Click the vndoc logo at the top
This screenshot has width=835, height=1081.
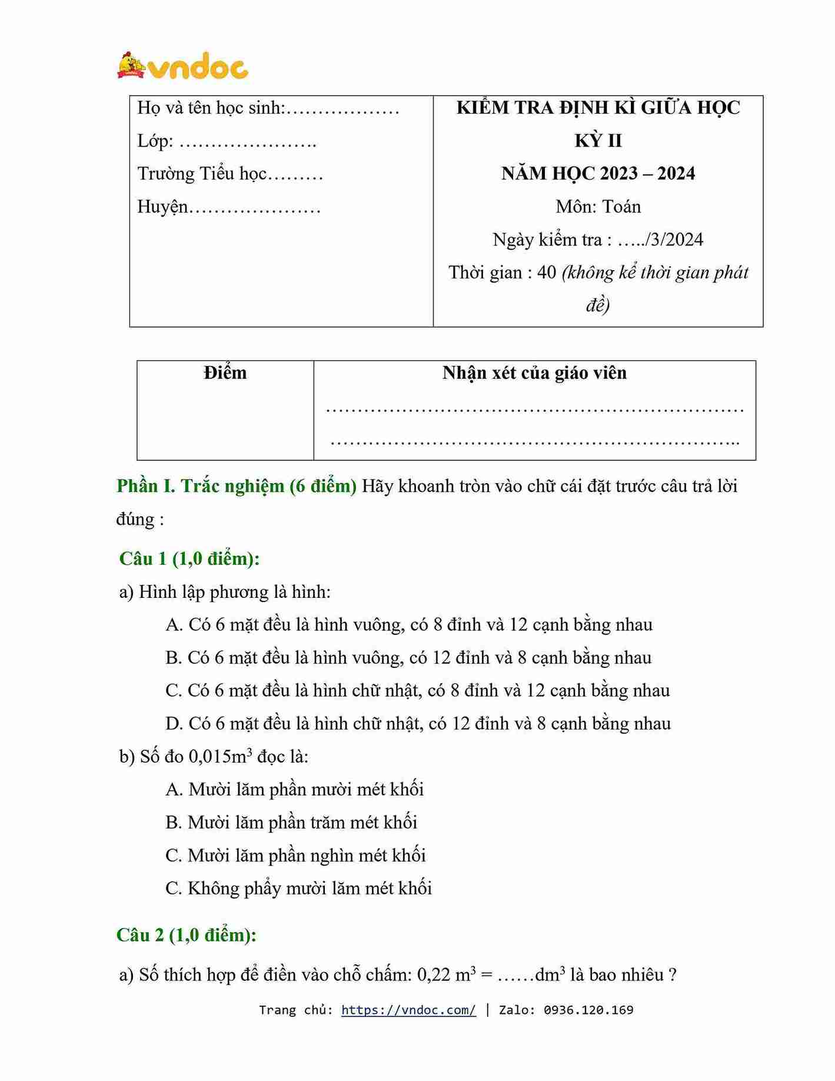click(x=183, y=66)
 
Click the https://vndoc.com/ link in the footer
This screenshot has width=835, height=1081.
click(x=408, y=1010)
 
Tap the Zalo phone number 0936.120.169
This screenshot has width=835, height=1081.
click(x=588, y=1010)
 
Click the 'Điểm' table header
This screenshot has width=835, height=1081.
click(x=225, y=373)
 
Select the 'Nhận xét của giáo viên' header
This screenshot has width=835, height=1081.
click(x=534, y=373)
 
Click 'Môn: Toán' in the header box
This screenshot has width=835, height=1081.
click(x=598, y=207)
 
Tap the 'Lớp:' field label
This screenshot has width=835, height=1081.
click(x=155, y=141)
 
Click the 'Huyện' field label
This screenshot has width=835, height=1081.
click(x=163, y=207)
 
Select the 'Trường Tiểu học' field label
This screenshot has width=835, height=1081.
click(x=202, y=174)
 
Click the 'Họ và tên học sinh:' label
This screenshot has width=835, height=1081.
click(x=211, y=108)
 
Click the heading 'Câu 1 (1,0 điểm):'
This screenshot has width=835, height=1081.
click(x=189, y=558)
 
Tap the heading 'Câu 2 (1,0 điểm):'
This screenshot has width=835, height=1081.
click(x=187, y=935)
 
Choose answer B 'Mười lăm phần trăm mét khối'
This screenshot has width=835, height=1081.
click(x=292, y=822)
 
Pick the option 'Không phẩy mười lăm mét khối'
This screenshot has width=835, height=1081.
click(x=299, y=888)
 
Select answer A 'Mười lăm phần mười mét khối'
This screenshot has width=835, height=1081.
click(x=295, y=789)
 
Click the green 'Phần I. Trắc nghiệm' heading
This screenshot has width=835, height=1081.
click(x=237, y=486)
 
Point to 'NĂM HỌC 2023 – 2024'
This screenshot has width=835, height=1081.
click(x=598, y=174)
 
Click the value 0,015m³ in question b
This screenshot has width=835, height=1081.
click(x=220, y=756)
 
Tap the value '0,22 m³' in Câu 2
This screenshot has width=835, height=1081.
click(x=447, y=975)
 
